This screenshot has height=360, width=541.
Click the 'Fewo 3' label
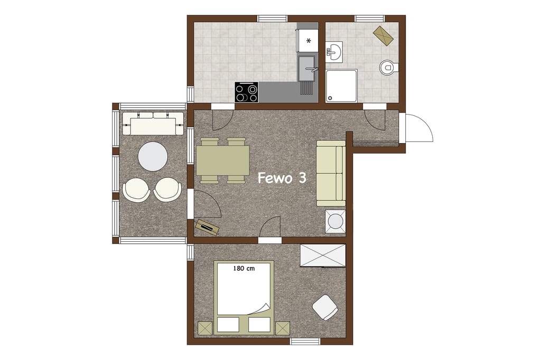click(x=282, y=178)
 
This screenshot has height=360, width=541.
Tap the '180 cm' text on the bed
click(x=244, y=268)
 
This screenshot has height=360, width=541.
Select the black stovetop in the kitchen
click(x=247, y=92)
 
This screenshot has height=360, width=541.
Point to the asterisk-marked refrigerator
click(x=307, y=40)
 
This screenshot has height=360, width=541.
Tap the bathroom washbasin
click(x=334, y=52)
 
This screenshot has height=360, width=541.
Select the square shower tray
click(x=341, y=86)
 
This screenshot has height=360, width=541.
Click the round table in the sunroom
click(x=153, y=156)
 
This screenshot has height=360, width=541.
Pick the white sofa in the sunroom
click(x=153, y=124)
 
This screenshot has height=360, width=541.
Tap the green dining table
click(x=223, y=160)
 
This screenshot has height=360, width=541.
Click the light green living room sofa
click(x=331, y=173)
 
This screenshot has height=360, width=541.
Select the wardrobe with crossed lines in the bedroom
click(x=323, y=255)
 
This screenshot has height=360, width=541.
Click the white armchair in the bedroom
click(x=325, y=307)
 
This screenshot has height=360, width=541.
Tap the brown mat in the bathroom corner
click(x=384, y=35)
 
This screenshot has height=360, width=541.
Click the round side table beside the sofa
click(x=335, y=221)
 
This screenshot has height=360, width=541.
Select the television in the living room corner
click(x=207, y=226)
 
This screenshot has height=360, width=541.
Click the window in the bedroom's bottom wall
click(x=305, y=342)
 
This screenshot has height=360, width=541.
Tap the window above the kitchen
click(x=273, y=18)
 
